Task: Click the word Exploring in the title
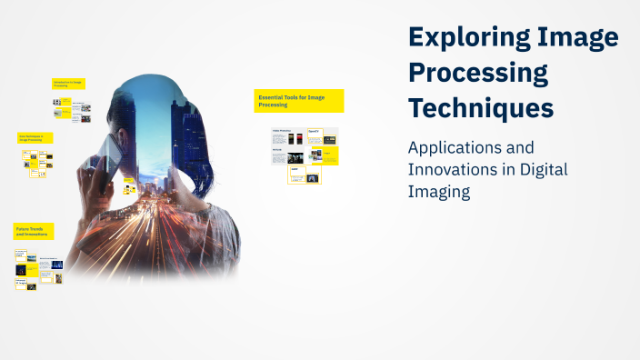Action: pos(463,37)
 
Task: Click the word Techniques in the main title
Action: pos(480,107)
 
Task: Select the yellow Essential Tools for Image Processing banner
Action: pos(298,100)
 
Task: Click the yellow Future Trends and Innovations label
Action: pos(34,231)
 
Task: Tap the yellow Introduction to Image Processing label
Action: pos(72,84)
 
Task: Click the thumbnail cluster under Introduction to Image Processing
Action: pos(72,109)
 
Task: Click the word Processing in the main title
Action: pos(478,72)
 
